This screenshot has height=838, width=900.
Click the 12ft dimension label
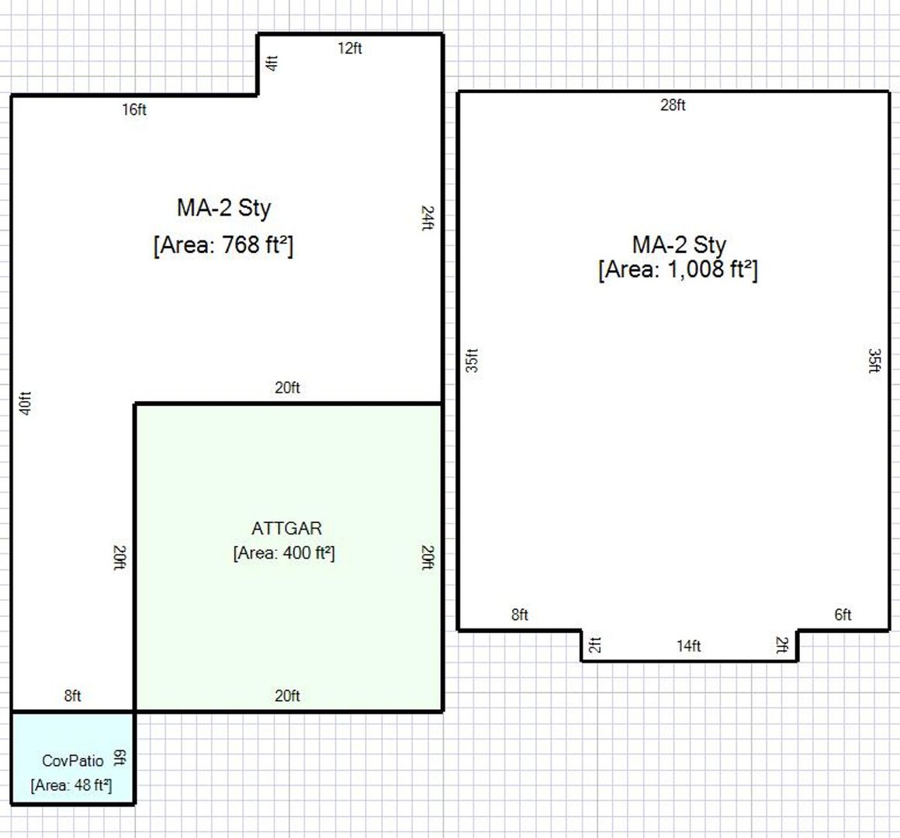click(x=350, y=48)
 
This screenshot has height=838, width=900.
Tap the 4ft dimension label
click(x=272, y=63)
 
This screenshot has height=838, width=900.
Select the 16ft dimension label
click(x=133, y=109)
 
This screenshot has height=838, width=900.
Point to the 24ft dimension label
click(x=427, y=218)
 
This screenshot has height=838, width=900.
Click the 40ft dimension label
click(x=26, y=403)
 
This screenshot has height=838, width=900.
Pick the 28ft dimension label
click(x=673, y=105)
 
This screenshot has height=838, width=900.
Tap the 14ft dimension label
click(x=689, y=646)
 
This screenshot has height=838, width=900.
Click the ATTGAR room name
click(x=287, y=528)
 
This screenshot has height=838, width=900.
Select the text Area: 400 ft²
click(x=284, y=552)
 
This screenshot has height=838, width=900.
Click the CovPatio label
click(x=73, y=760)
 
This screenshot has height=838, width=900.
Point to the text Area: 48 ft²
click(x=71, y=784)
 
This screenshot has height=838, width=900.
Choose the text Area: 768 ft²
click(x=223, y=245)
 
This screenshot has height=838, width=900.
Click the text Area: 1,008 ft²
click(x=678, y=269)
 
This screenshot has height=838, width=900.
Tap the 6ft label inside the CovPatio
click(x=119, y=757)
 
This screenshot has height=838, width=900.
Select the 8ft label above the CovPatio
click(x=72, y=696)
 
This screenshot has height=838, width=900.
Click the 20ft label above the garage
click(x=287, y=387)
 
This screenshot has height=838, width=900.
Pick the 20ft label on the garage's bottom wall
click(x=287, y=696)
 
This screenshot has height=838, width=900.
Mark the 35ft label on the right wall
click(x=874, y=361)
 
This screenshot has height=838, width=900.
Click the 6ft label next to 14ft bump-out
click(x=843, y=615)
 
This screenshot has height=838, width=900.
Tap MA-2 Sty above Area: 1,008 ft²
click(x=679, y=244)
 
